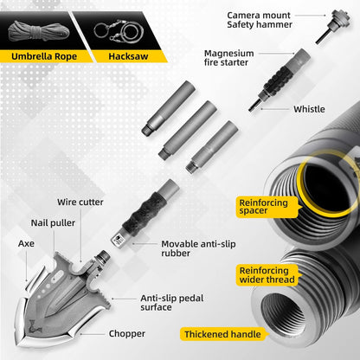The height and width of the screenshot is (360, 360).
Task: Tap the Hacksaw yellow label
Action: tap(128, 57)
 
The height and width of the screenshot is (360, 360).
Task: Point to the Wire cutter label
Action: tap(80, 202)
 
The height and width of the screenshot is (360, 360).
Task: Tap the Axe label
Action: tap(27, 244)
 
